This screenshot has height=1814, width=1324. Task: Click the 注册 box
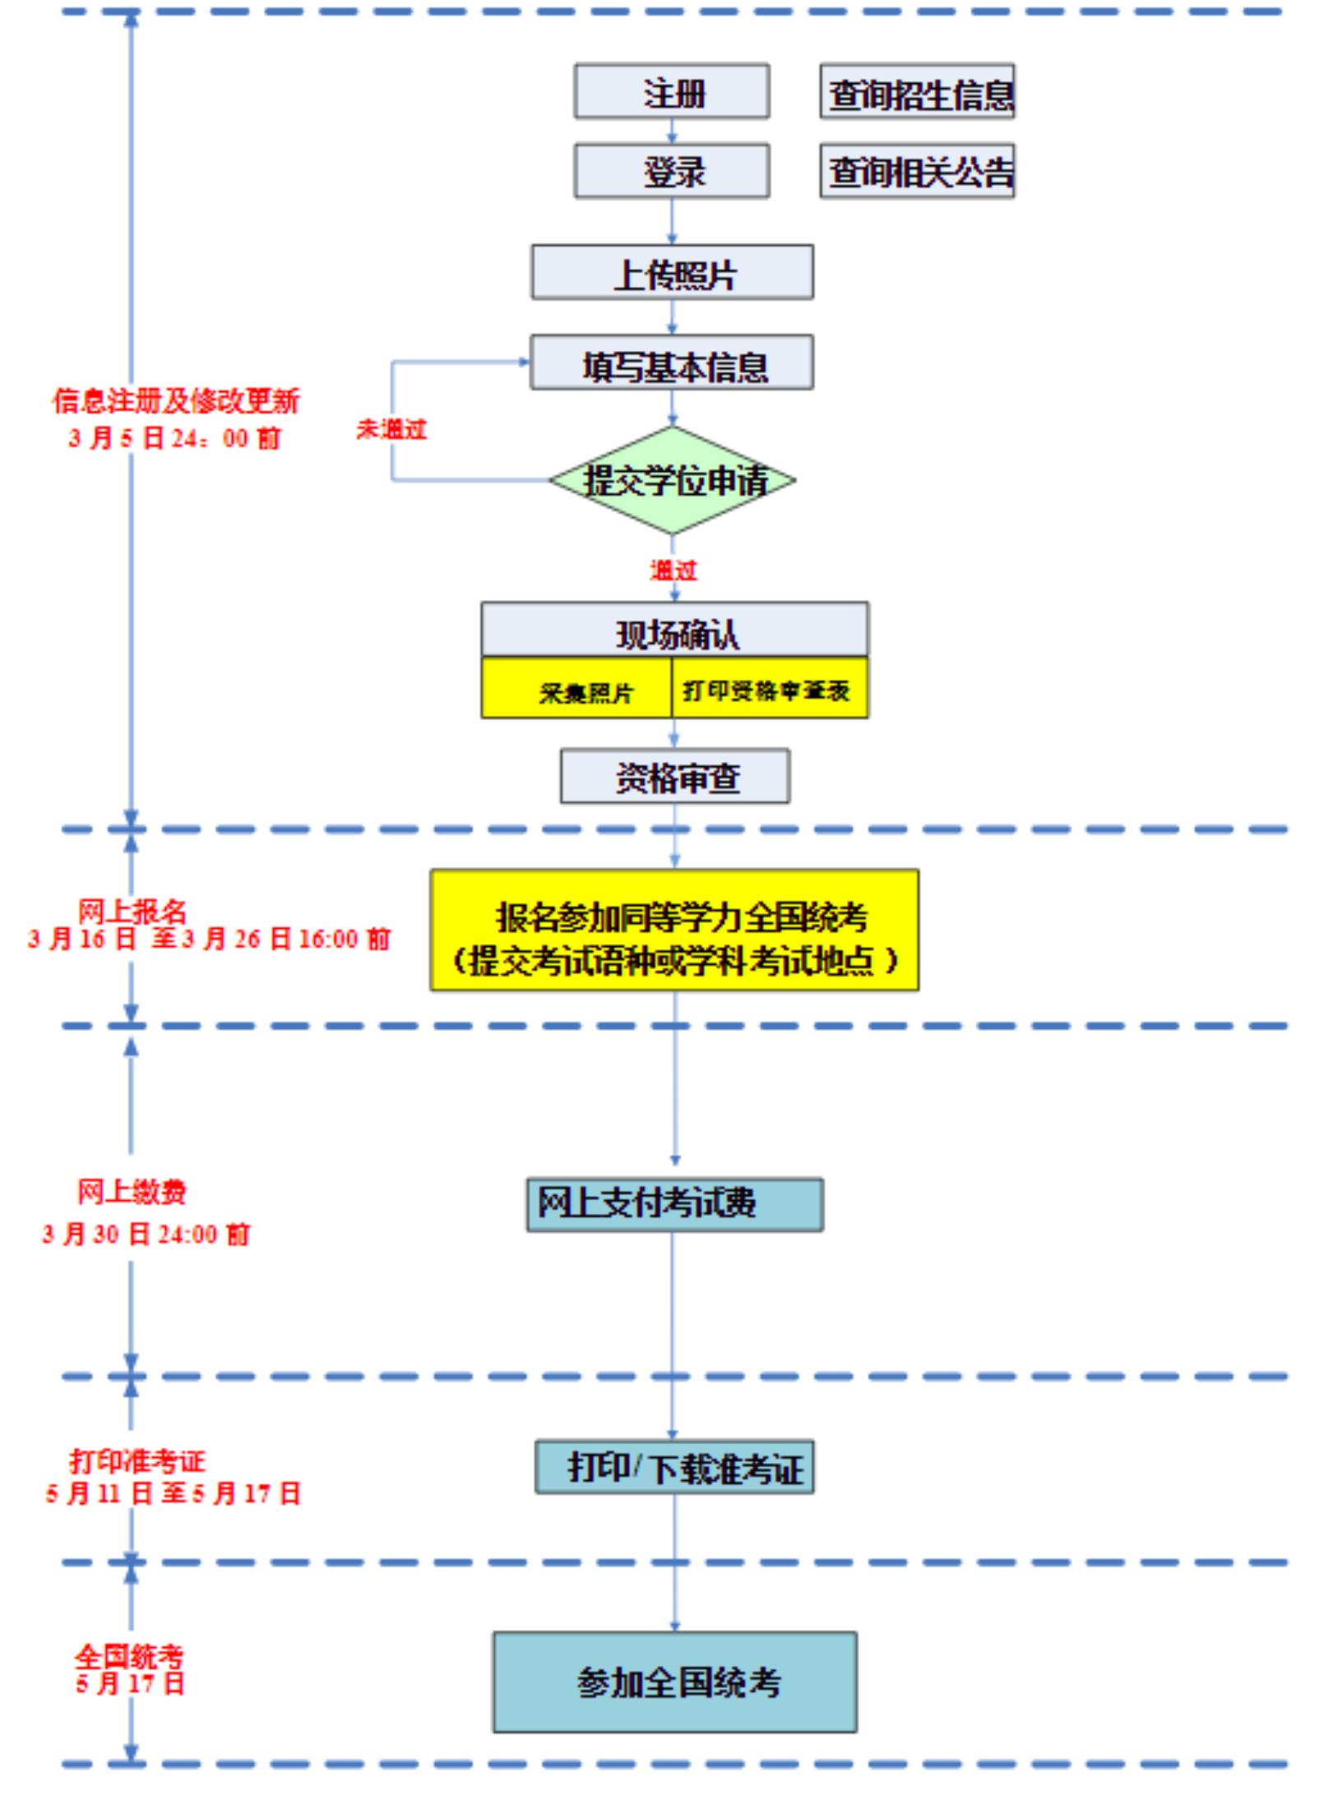(x=672, y=91)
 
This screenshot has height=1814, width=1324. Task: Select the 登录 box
(x=672, y=171)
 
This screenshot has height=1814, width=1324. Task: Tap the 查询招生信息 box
(x=917, y=91)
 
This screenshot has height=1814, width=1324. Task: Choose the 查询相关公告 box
(x=917, y=171)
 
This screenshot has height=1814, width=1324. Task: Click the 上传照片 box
(x=672, y=272)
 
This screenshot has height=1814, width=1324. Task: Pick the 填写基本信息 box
(x=672, y=362)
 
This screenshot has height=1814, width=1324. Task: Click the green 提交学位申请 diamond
(x=673, y=480)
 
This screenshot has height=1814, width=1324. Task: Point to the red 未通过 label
(x=391, y=429)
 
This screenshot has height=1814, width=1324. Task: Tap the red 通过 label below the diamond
(x=674, y=570)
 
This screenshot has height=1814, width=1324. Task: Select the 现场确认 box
(x=674, y=631)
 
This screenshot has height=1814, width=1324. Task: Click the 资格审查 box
(x=675, y=776)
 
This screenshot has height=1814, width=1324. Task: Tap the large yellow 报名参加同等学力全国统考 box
(x=674, y=930)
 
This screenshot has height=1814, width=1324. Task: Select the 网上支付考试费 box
(x=674, y=1204)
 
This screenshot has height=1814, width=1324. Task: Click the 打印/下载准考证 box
(x=674, y=1467)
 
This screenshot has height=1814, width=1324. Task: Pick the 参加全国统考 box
(x=674, y=1682)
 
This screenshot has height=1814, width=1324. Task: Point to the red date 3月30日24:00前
(x=146, y=1234)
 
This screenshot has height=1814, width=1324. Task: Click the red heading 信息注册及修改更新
(x=176, y=401)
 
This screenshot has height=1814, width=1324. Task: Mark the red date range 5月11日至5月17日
(x=173, y=1493)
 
